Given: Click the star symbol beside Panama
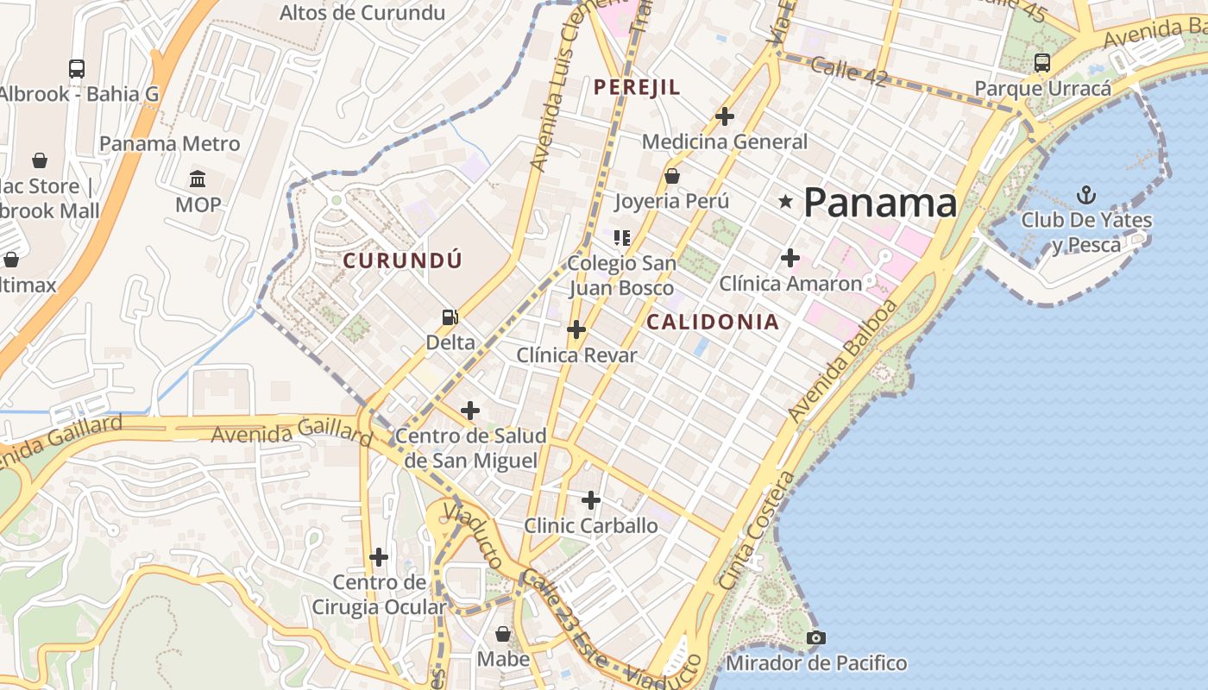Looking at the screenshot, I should click(x=785, y=202).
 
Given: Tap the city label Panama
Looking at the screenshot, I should click(x=880, y=204).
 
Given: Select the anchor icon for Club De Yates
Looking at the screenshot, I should click(x=1086, y=195).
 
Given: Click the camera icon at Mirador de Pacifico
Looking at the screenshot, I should click(x=815, y=638).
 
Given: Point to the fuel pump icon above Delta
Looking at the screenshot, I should click(x=450, y=317).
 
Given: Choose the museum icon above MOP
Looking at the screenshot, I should click(x=198, y=179).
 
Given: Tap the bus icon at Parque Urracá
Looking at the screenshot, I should click(x=1041, y=63).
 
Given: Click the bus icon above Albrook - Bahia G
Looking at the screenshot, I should click(x=77, y=69).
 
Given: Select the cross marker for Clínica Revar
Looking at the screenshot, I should click(x=576, y=329).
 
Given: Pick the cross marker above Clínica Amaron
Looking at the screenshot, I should click(x=790, y=257).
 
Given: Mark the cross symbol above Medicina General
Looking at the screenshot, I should click(x=725, y=116).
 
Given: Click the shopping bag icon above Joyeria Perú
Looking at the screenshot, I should click(x=671, y=176).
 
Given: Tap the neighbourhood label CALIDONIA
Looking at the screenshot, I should click(x=713, y=323).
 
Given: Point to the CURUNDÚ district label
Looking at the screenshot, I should click(x=403, y=260).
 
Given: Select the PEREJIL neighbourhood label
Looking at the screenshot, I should click(x=637, y=87).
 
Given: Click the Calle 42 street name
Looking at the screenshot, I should click(x=849, y=72).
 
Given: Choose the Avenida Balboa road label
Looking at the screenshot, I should click(x=844, y=361).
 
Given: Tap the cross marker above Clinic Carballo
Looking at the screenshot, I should click(x=590, y=500).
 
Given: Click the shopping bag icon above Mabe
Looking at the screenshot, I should click(x=503, y=635).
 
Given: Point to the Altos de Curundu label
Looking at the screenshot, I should click(x=362, y=13).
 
